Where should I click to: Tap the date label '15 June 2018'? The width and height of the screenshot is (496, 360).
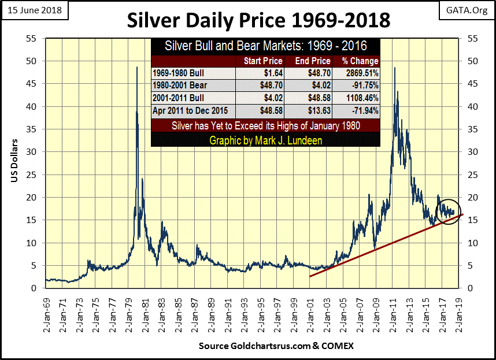tap(36, 10)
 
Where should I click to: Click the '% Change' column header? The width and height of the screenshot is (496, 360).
tap(360, 61)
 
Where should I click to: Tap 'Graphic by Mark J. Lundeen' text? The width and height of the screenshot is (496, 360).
tap(265, 140)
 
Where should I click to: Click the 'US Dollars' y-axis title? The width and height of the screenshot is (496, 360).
tap(13, 162)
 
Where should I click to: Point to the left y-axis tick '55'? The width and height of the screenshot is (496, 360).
tap(32, 38)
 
